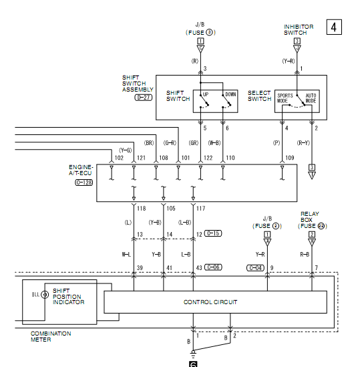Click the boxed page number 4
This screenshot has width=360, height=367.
point(334,27)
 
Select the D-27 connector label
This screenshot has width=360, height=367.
point(144,98)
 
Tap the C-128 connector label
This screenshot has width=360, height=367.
point(83,182)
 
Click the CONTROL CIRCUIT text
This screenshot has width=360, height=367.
point(210,302)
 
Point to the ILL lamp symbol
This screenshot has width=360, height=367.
point(45,294)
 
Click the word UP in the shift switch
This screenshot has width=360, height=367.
point(205,94)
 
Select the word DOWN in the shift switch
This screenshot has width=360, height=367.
point(230,94)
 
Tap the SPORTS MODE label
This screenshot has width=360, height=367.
point(285,98)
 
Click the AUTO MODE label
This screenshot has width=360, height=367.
point(311,98)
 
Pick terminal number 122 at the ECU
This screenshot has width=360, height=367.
point(208,158)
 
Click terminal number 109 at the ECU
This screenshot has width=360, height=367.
point(290,158)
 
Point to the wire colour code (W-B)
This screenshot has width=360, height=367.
point(214,143)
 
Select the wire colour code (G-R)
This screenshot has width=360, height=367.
point(170,143)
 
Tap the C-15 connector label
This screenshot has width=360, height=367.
point(213,233)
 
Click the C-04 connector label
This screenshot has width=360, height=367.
point(255,268)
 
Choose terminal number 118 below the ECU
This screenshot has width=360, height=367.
point(142,209)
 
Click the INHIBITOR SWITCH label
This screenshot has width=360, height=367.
point(299,29)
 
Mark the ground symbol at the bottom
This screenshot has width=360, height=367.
point(193,354)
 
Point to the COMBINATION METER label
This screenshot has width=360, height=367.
point(51,336)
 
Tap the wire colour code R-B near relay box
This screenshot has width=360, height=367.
point(305,255)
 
